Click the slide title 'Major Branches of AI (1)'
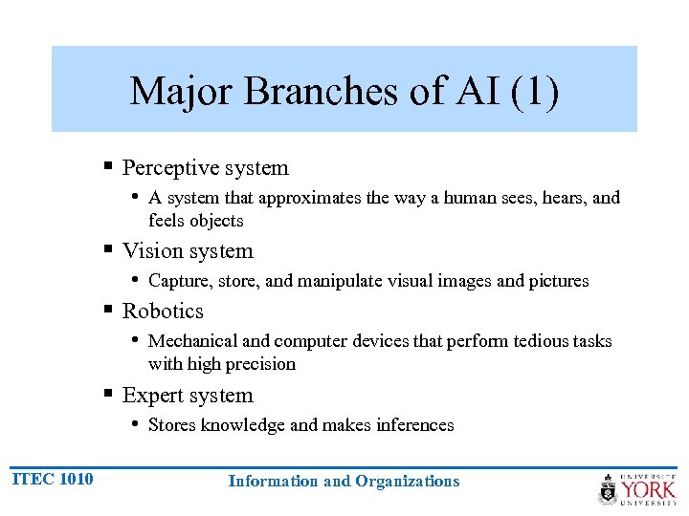(344, 92)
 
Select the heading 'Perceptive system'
(205, 168)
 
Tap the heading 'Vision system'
(188, 251)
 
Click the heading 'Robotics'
(163, 312)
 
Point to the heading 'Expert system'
(188, 396)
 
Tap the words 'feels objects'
(195, 221)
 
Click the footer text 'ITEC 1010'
(53, 479)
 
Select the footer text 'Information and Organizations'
(344, 482)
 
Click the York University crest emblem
(608, 488)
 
